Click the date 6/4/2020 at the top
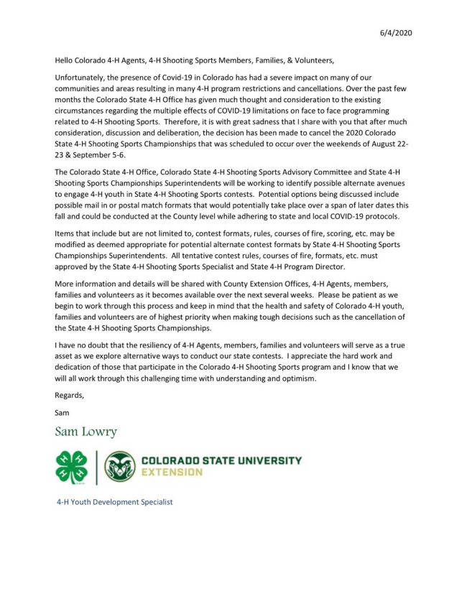395,33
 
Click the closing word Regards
70,396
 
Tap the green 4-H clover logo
71,468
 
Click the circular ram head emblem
119,468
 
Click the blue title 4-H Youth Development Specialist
115,502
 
